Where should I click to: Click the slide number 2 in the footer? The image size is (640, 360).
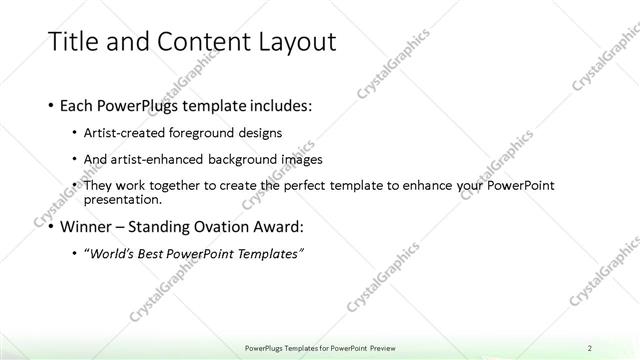[x=590, y=348]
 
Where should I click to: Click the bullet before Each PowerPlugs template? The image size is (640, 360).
[x=51, y=105]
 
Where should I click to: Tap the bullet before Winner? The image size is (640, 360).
[x=51, y=226]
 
